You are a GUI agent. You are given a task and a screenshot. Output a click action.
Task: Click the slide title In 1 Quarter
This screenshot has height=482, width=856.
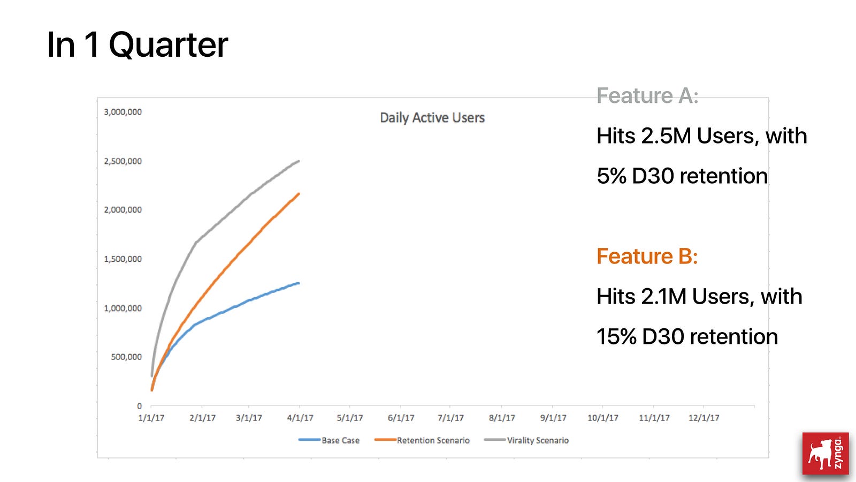coord(137,45)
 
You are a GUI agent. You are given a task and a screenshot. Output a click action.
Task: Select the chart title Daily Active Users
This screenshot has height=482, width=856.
coord(432,118)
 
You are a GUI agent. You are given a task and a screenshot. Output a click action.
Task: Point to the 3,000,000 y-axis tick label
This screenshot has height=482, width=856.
coord(123,112)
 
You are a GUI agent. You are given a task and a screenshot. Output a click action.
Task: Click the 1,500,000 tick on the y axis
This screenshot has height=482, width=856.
coord(123,259)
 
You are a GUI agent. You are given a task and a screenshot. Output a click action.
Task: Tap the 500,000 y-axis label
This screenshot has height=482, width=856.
coord(126,357)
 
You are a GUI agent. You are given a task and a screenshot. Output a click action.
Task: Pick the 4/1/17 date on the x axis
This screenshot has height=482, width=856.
coord(300,418)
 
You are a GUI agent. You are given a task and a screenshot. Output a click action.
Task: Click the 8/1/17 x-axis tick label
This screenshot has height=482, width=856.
coord(502,418)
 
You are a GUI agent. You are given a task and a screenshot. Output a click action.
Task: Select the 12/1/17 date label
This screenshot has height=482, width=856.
coord(704,418)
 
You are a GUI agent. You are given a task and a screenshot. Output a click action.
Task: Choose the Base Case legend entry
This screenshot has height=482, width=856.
coord(329,440)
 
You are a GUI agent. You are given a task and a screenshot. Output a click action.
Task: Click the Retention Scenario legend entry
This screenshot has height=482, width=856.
coord(422,440)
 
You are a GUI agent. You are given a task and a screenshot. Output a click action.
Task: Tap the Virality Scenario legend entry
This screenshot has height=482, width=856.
coord(526,440)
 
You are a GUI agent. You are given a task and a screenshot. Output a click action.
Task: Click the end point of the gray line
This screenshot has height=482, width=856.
coord(299,161)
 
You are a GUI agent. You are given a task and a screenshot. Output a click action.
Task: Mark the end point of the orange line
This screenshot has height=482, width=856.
coord(299,194)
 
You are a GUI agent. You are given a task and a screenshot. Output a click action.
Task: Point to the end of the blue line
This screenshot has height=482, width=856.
coord(299,283)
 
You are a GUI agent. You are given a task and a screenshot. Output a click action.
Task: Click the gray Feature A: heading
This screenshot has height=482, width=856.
coord(647,96)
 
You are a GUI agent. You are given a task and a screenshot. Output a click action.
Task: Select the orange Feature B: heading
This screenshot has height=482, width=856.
coord(647,257)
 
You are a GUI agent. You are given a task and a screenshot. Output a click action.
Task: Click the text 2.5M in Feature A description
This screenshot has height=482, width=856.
coord(666,136)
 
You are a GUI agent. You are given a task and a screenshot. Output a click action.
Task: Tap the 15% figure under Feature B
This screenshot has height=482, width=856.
coord(616,337)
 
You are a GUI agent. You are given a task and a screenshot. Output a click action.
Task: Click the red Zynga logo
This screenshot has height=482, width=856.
coord(826,453)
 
